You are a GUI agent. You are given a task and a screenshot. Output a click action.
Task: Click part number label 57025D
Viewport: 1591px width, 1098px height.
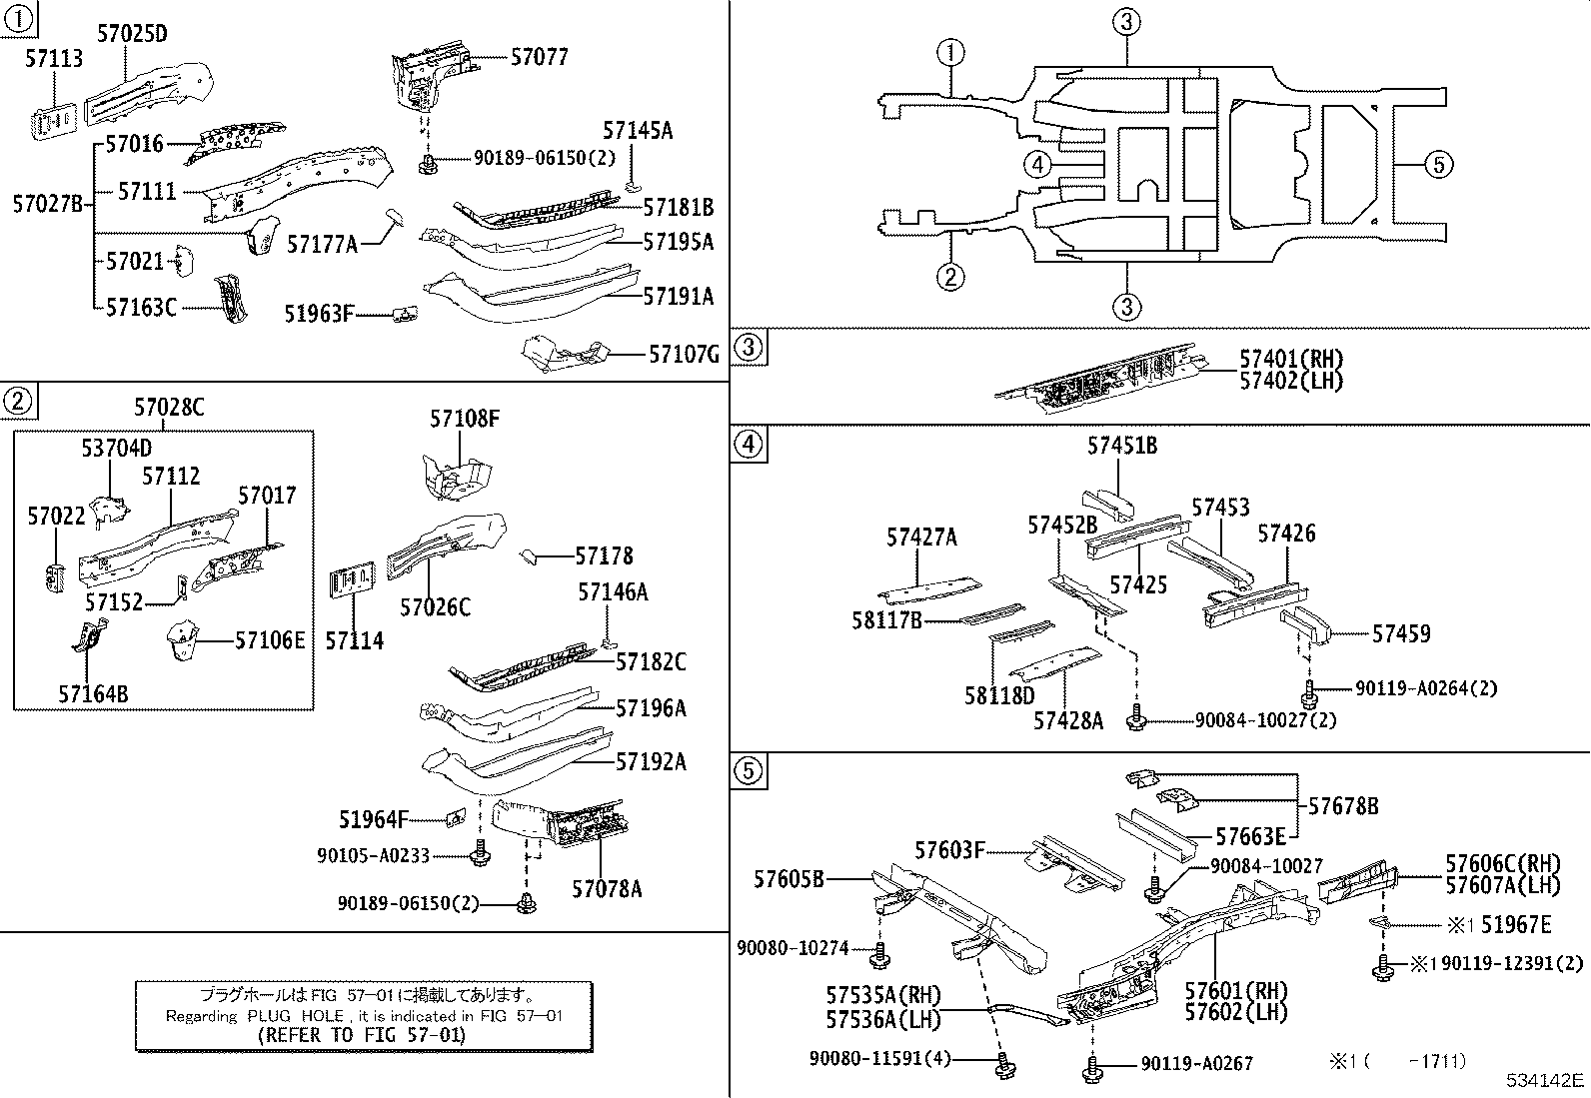pyautogui.click(x=132, y=34)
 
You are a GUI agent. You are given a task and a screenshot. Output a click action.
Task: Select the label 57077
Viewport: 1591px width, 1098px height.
pyautogui.click(x=539, y=57)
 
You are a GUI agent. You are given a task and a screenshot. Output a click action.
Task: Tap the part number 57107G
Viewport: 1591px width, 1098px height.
pyautogui.click(x=684, y=354)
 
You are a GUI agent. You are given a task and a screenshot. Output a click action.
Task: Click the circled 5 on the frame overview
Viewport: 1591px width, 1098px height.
pyautogui.click(x=1437, y=164)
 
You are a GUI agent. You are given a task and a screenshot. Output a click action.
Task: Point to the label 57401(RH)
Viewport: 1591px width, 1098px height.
pyautogui.click(x=1291, y=360)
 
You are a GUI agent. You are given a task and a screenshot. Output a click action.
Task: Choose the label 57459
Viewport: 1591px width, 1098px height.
pyautogui.click(x=1400, y=633)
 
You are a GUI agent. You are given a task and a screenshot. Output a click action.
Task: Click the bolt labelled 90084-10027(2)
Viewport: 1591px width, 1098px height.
pyautogui.click(x=1136, y=717)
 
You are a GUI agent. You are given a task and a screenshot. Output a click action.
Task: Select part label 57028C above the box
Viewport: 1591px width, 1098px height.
pyautogui.click(x=169, y=407)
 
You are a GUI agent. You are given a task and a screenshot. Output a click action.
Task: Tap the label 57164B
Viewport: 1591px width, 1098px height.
pyautogui.click(x=93, y=693)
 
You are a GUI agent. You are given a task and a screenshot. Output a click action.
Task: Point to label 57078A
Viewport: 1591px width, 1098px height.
pyautogui.click(x=607, y=888)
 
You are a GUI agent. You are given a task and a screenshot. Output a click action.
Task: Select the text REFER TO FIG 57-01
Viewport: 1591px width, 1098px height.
pyautogui.click(x=362, y=1035)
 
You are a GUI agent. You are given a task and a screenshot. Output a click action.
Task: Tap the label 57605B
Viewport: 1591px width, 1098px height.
pyautogui.click(x=790, y=879)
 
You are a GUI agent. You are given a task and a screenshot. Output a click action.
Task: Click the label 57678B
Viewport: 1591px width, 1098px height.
pyautogui.click(x=1343, y=805)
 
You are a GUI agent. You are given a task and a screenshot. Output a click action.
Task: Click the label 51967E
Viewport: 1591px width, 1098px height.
pyautogui.click(x=1516, y=925)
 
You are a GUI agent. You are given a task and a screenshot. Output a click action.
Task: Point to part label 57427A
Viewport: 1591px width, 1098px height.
pyautogui.click(x=920, y=538)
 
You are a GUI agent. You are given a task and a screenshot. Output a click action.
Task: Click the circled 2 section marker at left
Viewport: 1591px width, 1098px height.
pyautogui.click(x=18, y=402)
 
